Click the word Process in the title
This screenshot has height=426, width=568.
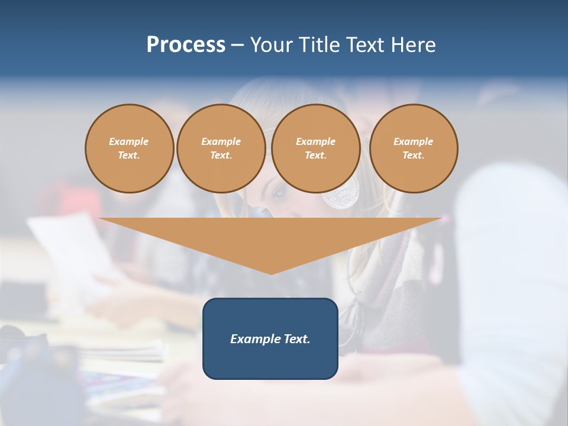coord(186,45)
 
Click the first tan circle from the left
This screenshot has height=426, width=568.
coord(129,149)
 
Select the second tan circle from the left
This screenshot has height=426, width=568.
coord(221,149)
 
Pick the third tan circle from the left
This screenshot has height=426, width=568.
coord(315,149)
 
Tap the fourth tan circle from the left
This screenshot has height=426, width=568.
coord(414,149)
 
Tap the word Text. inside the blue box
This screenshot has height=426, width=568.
coord(296,339)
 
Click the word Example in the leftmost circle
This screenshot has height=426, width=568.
coord(129,141)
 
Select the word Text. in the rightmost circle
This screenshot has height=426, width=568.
coord(414,156)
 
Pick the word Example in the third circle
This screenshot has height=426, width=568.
coord(315,141)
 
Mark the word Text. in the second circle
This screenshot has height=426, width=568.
coord(221,156)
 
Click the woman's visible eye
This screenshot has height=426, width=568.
coord(276,192)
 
